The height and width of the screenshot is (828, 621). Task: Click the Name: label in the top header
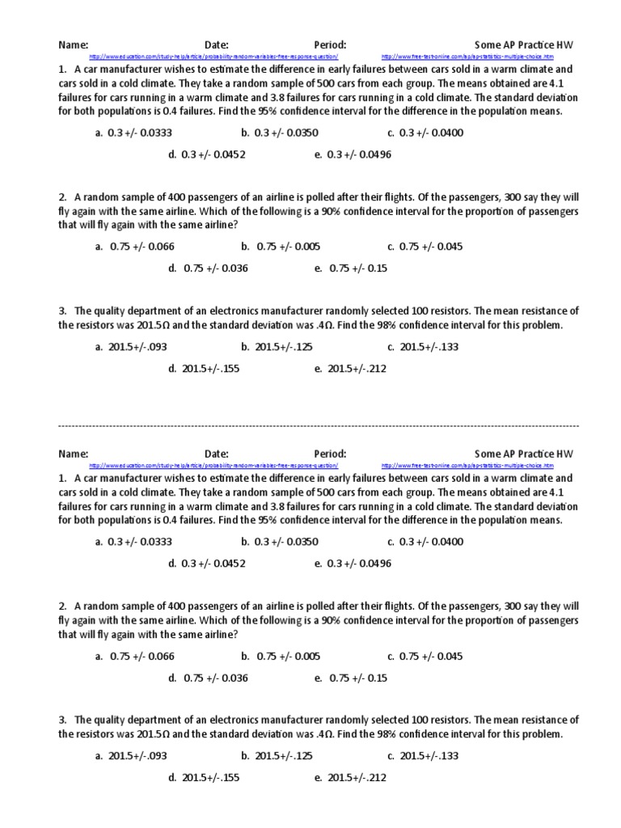coord(73,44)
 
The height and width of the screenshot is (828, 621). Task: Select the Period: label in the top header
coord(330,44)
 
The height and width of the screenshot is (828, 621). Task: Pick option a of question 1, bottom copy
coord(133,542)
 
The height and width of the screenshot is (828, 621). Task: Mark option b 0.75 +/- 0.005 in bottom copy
coord(281,656)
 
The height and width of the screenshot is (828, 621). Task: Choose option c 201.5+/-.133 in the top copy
coord(423,347)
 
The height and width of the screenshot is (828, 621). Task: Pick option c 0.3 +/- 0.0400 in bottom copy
coord(425,542)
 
